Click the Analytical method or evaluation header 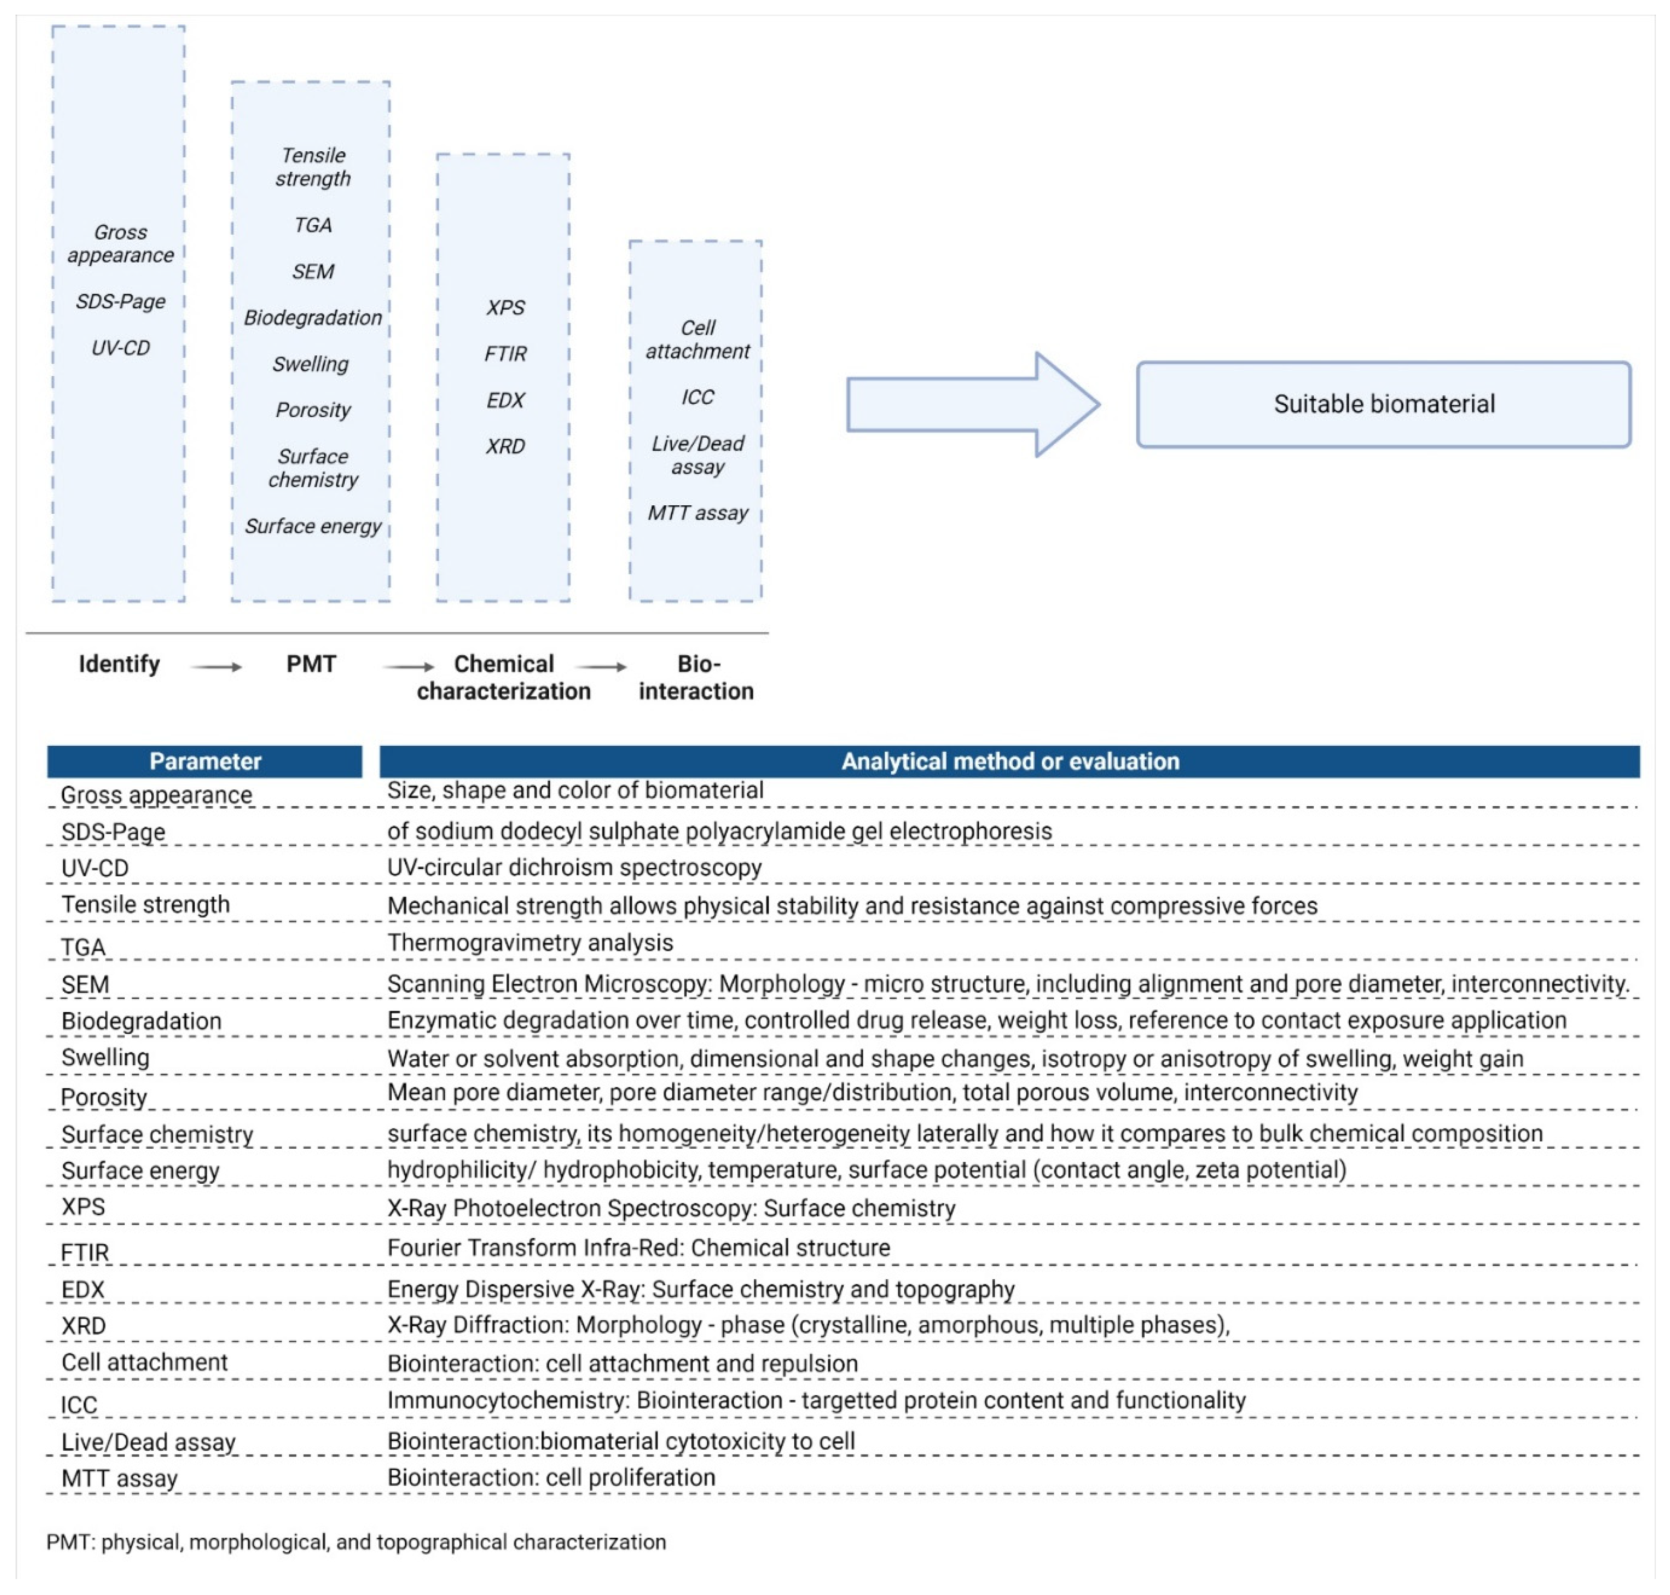[1009, 761]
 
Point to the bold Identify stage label [119, 664]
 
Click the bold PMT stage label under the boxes [311, 664]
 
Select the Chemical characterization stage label [504, 677]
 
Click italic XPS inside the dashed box [505, 308]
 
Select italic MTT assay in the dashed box [697, 513]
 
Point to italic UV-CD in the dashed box [121, 348]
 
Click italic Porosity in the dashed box [313, 411]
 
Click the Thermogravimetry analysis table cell [530, 943]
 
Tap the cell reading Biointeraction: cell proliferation [551, 1478]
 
